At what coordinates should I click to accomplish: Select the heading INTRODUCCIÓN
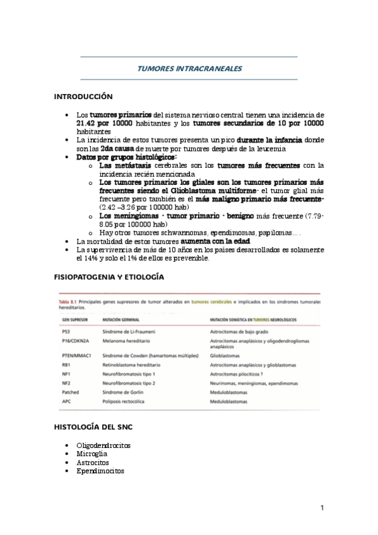[83, 97]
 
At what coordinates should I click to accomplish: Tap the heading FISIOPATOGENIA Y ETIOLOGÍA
[109, 278]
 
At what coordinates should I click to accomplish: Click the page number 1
[322, 507]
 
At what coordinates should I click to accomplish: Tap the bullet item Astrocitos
[93, 462]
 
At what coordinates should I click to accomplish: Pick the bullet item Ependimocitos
[100, 471]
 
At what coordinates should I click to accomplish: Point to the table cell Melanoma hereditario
[127, 339]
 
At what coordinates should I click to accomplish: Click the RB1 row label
[66, 365]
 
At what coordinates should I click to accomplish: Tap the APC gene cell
[66, 401]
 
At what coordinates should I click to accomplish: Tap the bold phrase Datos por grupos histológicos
[127, 157]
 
